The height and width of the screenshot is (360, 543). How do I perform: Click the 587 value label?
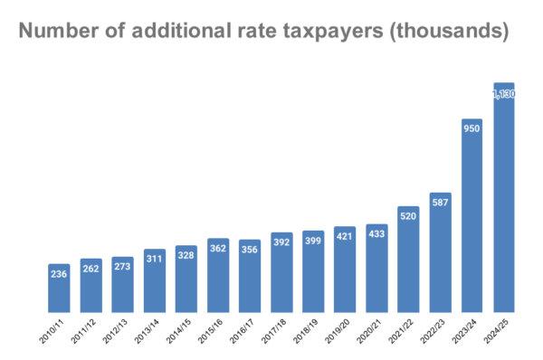441,204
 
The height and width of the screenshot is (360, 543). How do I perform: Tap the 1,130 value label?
504,93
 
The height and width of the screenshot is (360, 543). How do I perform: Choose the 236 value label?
59,274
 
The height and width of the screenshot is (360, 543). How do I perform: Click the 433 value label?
376,233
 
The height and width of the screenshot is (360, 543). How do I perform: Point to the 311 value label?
155,259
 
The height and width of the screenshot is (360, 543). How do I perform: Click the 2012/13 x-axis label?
117,331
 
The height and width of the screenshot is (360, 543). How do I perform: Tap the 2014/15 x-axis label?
180,331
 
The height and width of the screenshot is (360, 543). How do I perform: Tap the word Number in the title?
58,32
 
